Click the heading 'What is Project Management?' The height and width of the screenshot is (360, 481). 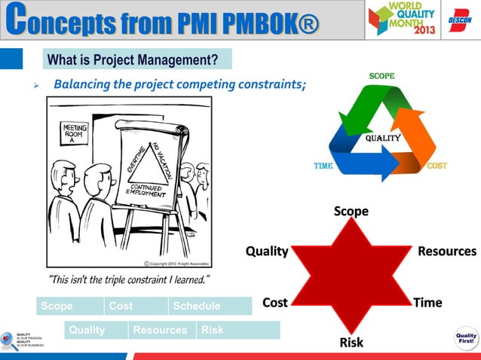(133, 59)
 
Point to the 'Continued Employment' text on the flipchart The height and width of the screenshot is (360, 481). (150, 189)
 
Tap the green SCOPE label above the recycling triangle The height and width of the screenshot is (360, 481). (381, 76)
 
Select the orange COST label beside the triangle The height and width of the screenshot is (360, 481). (437, 166)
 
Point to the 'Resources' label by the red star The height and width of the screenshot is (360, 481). (447, 251)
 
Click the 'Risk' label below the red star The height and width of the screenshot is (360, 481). (351, 343)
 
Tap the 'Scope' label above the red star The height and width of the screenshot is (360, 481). (351, 212)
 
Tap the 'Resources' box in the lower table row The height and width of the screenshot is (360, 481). (160, 330)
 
